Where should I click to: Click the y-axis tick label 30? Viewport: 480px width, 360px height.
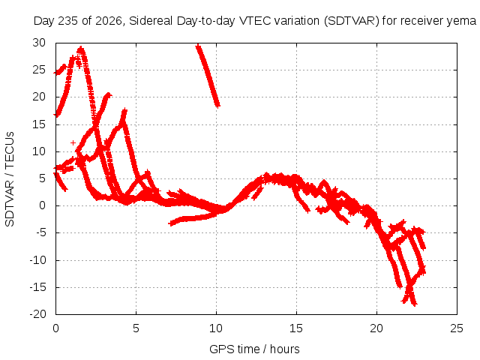pyautogui.click(x=39, y=43)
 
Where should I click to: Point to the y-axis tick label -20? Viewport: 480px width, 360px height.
pyautogui.click(x=37, y=314)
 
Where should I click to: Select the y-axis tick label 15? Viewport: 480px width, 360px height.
pyautogui.click(x=39, y=124)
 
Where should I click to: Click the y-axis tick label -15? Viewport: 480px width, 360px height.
pyautogui.click(x=37, y=287)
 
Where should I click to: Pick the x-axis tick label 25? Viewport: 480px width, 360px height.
pyautogui.click(x=457, y=328)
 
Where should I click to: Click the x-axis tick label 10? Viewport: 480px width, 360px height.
pyautogui.click(x=216, y=328)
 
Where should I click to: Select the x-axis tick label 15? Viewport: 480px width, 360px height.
pyautogui.click(x=296, y=328)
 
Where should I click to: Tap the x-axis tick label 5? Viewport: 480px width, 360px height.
pyautogui.click(x=136, y=328)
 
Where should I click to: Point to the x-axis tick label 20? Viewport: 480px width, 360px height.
pyautogui.click(x=376, y=328)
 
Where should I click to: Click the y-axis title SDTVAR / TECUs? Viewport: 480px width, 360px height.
pyautogui.click(x=10, y=179)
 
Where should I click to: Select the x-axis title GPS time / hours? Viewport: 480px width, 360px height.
pyautogui.click(x=254, y=349)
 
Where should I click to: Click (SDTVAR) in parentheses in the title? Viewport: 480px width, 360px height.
pyautogui.click(x=352, y=21)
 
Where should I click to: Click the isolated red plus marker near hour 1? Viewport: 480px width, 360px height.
pyautogui.click(x=73, y=142)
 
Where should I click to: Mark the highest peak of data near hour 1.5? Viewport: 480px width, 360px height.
pyautogui.click(x=81, y=48)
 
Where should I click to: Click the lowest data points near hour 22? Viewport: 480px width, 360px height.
pyautogui.click(x=415, y=304)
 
